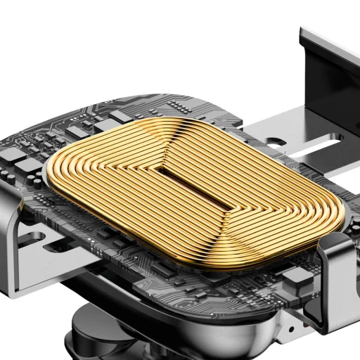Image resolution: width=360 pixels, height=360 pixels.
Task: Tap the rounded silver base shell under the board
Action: (x=211, y=323)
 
